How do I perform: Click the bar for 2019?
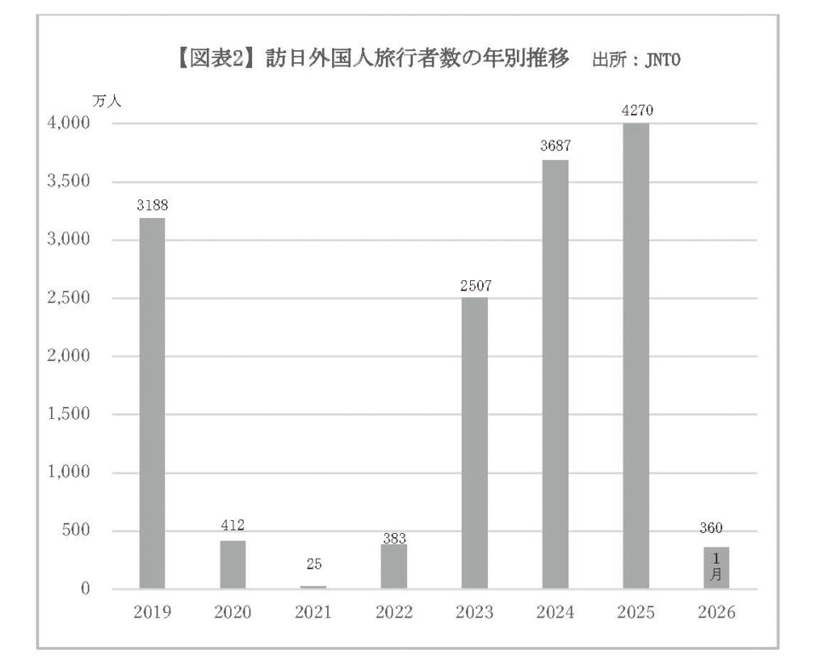click(x=152, y=403)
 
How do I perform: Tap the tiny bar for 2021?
click(x=313, y=586)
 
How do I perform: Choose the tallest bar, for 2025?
click(x=636, y=355)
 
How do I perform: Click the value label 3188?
click(x=152, y=205)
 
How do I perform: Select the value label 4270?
click(x=636, y=110)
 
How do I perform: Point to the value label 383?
click(x=394, y=539)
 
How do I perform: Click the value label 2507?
click(x=475, y=285)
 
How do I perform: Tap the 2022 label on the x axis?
click(x=394, y=613)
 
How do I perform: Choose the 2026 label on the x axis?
click(x=716, y=613)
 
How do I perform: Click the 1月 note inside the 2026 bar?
click(x=716, y=567)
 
